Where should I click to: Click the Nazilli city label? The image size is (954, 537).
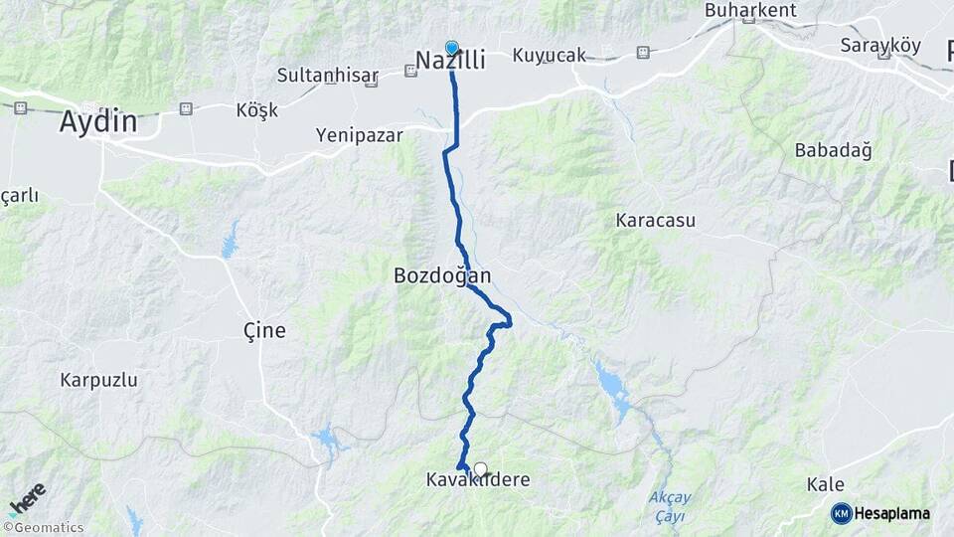[450, 62]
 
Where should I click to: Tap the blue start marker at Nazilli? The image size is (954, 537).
[452, 47]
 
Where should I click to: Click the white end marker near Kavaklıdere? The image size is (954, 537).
[481, 469]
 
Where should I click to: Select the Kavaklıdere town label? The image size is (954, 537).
[477, 480]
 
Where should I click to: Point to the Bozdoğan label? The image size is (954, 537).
[442, 275]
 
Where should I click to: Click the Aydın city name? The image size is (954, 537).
[97, 122]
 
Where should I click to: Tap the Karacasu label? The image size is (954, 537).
[656, 220]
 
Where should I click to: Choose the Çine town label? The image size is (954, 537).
[264, 330]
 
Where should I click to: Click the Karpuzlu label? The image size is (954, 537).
[98, 380]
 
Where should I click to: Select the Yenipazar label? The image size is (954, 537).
[359, 135]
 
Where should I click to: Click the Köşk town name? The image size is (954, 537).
[257, 110]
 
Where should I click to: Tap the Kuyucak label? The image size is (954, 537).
[550, 56]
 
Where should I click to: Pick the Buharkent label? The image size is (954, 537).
[750, 11]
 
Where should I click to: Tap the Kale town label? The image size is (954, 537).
[825, 484]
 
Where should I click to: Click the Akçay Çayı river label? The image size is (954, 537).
[670, 507]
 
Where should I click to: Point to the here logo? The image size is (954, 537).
[27, 497]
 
